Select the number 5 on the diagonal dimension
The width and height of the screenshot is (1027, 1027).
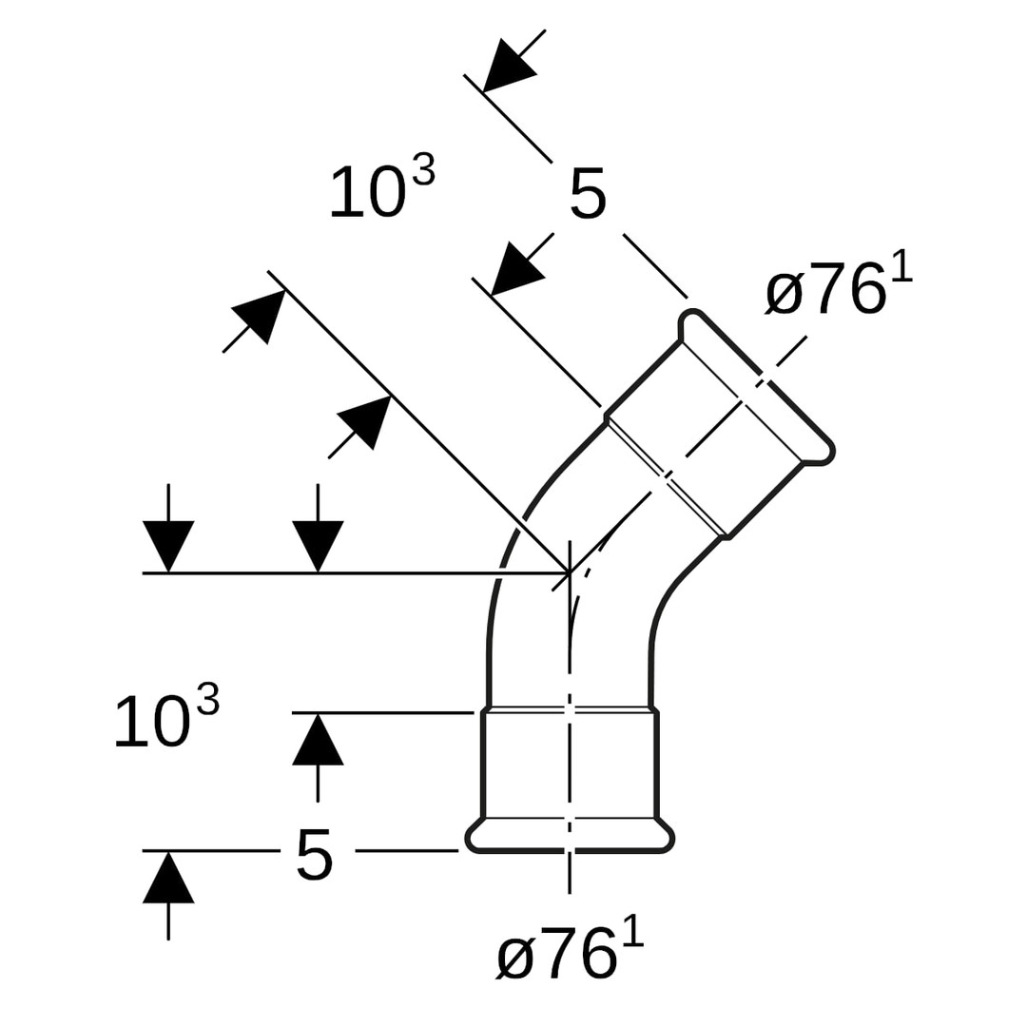click(588, 194)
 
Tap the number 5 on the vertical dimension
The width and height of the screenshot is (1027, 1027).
click(315, 853)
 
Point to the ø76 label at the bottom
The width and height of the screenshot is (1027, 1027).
click(569, 953)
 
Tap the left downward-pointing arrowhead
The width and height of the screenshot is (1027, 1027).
click(168, 545)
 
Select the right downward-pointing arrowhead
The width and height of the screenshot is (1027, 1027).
click(318, 545)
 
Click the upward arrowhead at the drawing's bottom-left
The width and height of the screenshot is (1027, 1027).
click(168, 879)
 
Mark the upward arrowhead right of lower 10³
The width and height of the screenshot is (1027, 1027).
click(318, 741)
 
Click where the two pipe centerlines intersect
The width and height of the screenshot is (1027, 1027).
click(570, 572)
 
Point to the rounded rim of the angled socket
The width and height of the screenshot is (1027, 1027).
click(761, 380)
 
